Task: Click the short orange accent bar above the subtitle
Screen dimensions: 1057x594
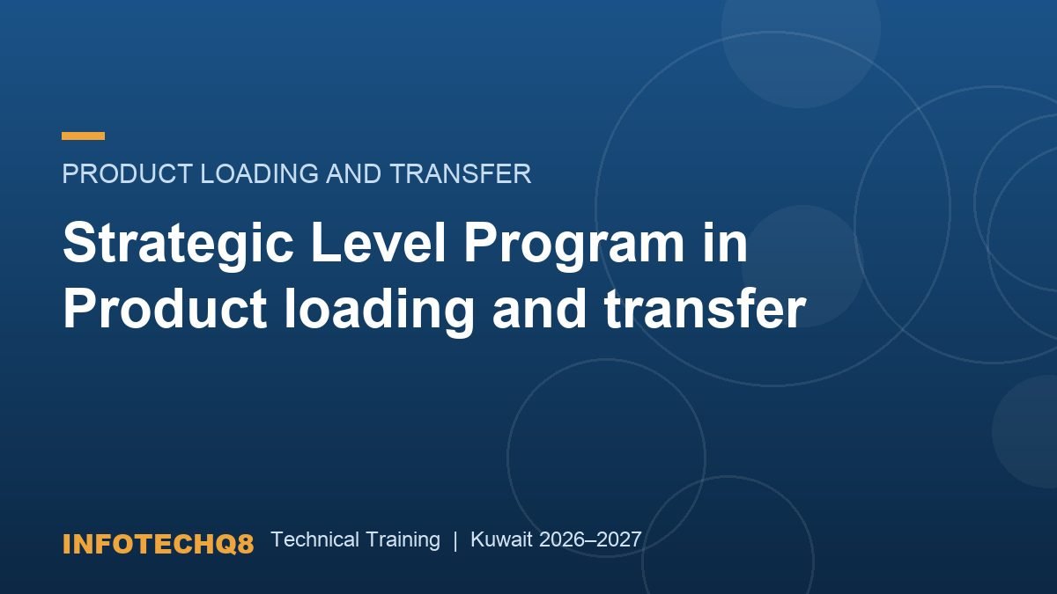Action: click(83, 136)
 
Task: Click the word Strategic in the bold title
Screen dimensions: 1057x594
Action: click(179, 246)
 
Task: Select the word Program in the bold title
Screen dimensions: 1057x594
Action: click(574, 246)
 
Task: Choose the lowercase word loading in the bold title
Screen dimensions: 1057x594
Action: click(379, 312)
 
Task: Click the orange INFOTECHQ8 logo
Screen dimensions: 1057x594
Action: click(158, 544)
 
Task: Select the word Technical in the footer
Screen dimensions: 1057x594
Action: click(315, 539)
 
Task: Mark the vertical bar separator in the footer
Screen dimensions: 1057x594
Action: click(455, 540)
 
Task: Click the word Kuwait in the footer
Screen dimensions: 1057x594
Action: click(501, 539)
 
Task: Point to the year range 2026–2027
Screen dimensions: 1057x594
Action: click(590, 539)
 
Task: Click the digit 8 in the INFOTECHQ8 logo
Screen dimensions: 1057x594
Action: click(246, 544)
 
